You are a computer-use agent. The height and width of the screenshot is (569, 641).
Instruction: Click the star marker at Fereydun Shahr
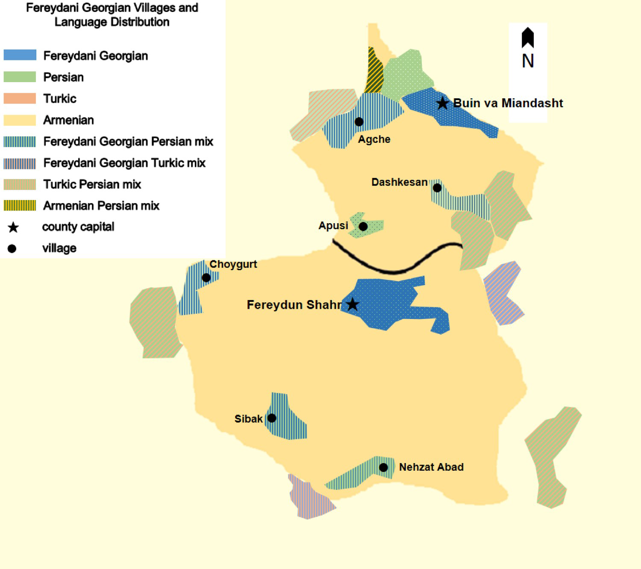coord(353,304)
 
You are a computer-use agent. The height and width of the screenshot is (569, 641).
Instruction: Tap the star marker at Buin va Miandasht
coord(443,103)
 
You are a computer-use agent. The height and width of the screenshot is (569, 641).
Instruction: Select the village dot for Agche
coord(359,122)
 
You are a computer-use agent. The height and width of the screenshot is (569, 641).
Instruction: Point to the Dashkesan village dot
coord(437,188)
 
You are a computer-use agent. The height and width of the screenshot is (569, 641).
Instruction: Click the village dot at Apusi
coord(363,226)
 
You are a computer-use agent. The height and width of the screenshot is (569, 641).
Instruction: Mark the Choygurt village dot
coord(206,277)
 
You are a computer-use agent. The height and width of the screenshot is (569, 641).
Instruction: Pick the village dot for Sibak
coord(272,418)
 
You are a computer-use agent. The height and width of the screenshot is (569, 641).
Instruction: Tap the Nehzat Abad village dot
coord(383,467)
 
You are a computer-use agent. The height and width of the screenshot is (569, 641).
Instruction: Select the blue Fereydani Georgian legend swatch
coord(20,55)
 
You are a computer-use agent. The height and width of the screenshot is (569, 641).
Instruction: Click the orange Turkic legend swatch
coord(20,98)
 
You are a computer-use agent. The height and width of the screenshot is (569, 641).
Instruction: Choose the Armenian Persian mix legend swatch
coord(20,206)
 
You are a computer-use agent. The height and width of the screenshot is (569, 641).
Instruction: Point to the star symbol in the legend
coord(13,227)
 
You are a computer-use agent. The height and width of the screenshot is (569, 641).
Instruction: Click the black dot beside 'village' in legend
coord(12,248)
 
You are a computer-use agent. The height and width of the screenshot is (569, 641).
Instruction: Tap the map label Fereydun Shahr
coord(294,305)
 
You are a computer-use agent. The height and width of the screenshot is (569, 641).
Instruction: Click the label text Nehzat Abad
coord(431,467)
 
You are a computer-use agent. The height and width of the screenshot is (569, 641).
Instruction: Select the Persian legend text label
coord(64,77)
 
